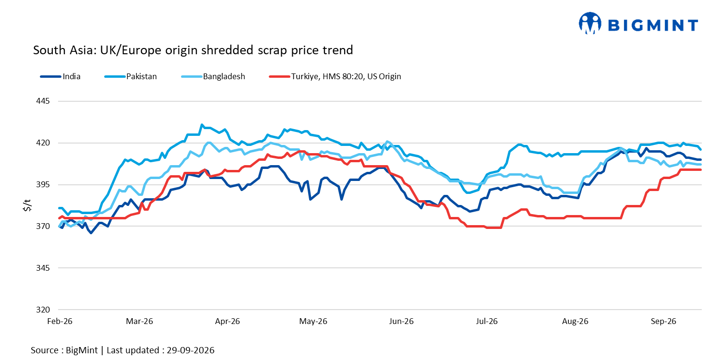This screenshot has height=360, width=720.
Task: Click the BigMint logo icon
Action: (x=590, y=23)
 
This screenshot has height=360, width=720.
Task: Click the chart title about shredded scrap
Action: (x=193, y=50)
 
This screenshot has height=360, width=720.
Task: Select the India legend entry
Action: (x=60, y=76)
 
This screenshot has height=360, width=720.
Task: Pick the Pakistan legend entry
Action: (x=131, y=76)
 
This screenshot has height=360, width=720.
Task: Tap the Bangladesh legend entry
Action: (x=213, y=76)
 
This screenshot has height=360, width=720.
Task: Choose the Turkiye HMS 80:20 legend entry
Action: (x=335, y=76)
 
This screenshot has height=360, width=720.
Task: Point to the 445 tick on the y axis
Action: (x=43, y=101)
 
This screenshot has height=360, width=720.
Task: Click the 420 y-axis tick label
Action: (x=43, y=143)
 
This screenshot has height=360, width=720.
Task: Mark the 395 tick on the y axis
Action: (x=43, y=184)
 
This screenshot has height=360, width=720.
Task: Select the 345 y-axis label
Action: (x=43, y=268)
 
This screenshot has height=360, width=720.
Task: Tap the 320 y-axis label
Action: (x=43, y=310)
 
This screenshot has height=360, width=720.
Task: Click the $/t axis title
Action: (x=27, y=205)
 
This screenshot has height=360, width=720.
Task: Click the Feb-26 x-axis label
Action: (x=60, y=321)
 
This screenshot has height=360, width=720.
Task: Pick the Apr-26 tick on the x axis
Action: (x=227, y=321)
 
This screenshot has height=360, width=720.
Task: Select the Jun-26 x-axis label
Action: (x=401, y=321)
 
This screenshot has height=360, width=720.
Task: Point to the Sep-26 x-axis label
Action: (x=663, y=321)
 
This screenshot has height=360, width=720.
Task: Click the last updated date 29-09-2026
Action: (x=190, y=350)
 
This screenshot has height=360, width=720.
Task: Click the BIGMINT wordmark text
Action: (x=653, y=25)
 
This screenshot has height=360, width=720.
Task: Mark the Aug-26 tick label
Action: (x=575, y=321)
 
